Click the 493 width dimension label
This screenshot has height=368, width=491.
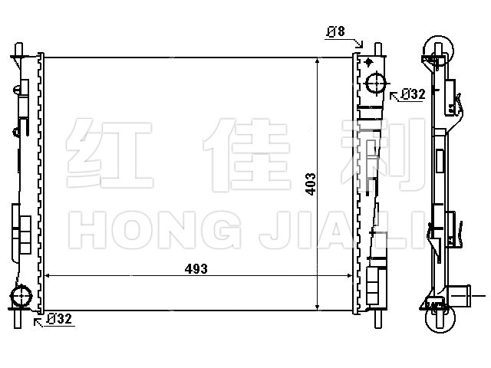(196, 269)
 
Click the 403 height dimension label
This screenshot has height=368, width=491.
(311, 184)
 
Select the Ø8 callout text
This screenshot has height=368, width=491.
(336, 31)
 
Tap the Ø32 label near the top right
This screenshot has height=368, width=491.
(414, 94)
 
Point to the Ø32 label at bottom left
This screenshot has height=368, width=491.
(59, 319)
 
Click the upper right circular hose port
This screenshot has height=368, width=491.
(376, 83)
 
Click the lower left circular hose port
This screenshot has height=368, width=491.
(21, 295)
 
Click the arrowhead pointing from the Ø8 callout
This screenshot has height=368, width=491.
(361, 45)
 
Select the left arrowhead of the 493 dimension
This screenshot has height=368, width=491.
(48, 276)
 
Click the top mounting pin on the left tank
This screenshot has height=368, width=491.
(18, 49)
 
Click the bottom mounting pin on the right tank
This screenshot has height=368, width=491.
(378, 319)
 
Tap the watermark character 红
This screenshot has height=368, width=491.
(110, 153)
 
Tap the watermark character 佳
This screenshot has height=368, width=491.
(247, 155)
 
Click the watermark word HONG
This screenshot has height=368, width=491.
(155, 230)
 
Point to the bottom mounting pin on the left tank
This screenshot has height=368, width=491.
(18, 319)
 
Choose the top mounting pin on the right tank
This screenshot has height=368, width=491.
(378, 49)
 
